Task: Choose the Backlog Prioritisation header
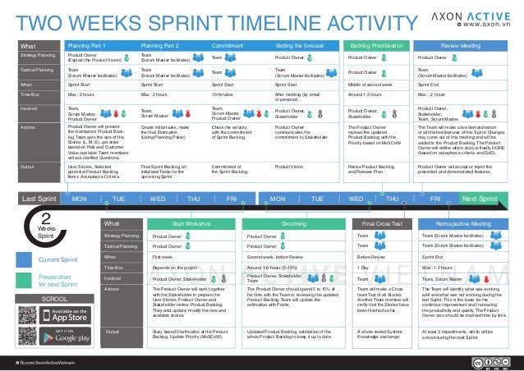(x=375, y=46)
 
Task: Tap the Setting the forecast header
(x=299, y=46)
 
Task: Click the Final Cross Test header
(x=382, y=199)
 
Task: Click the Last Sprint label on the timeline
(x=39, y=176)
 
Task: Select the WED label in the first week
(x=158, y=176)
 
